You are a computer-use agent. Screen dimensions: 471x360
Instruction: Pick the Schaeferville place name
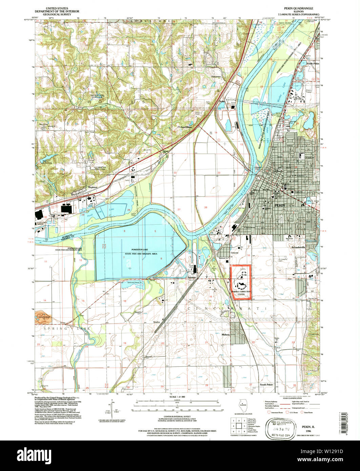299,247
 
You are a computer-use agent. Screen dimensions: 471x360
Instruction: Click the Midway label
226,334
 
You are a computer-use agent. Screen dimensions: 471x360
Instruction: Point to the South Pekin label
267,385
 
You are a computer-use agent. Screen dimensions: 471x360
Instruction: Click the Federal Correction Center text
241,293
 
